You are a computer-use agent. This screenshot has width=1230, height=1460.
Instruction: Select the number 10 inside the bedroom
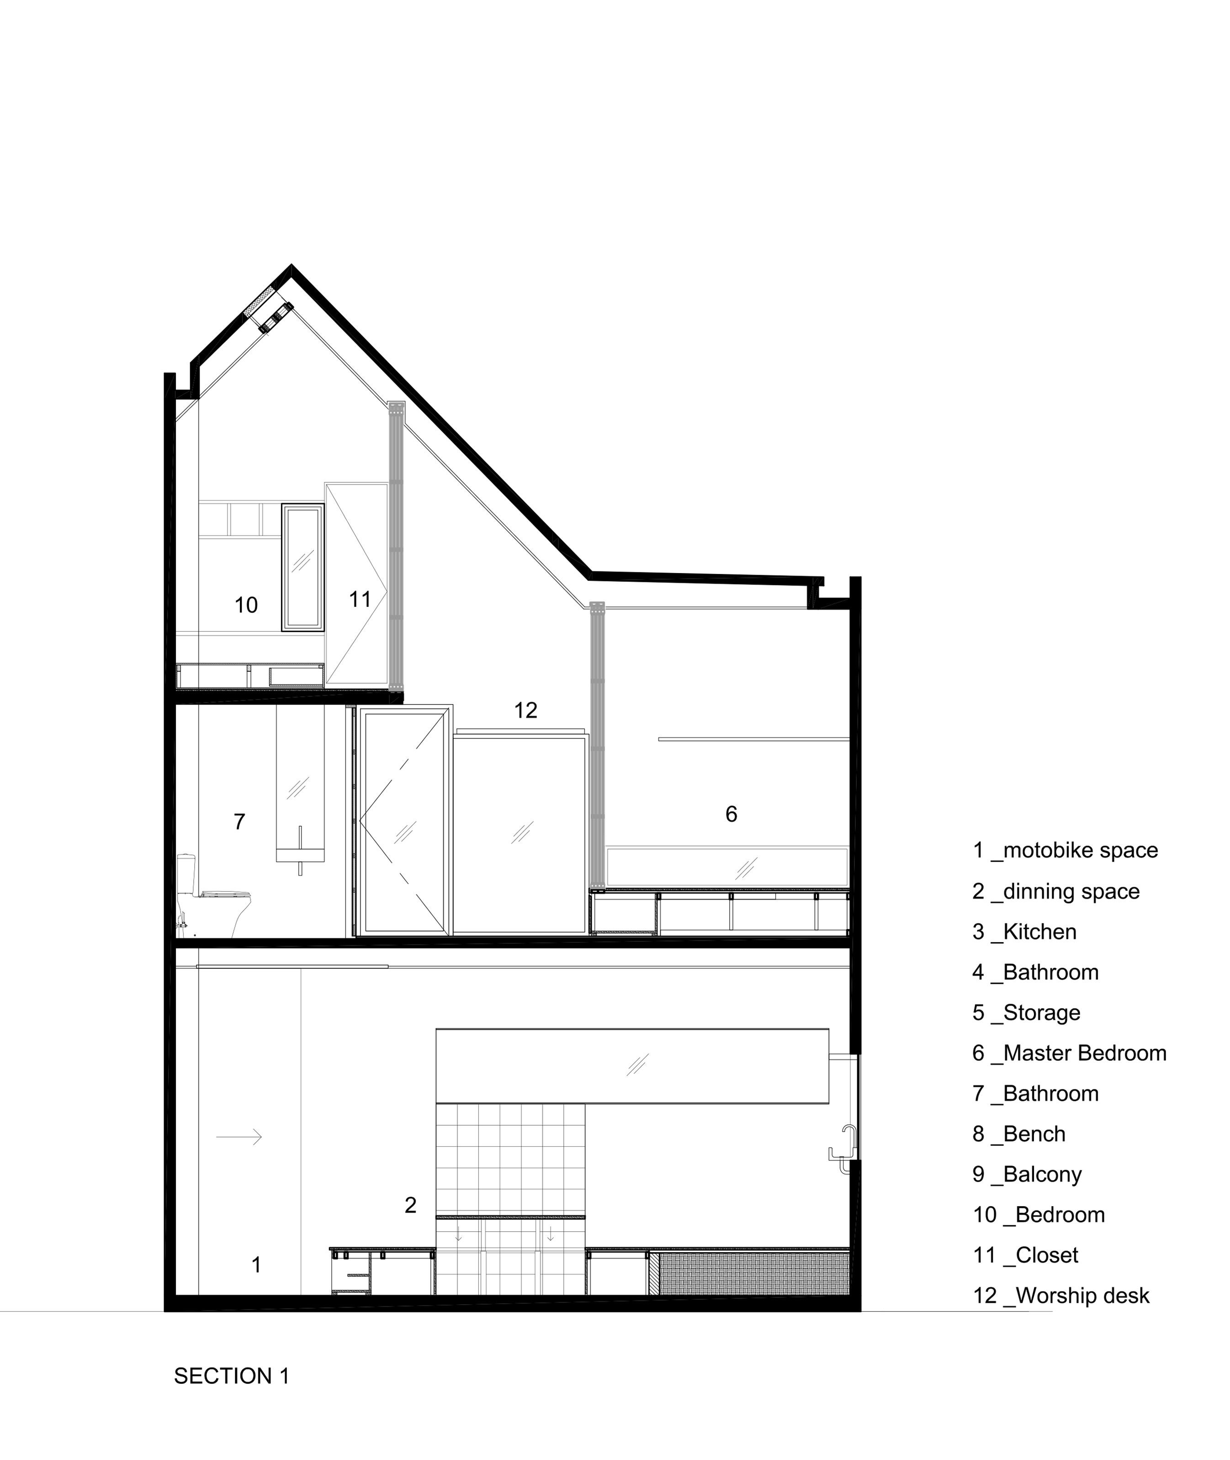[x=246, y=605]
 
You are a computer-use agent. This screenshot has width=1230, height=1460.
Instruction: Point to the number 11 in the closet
[x=360, y=599]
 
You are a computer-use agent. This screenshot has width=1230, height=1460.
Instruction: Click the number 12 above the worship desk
[x=526, y=710]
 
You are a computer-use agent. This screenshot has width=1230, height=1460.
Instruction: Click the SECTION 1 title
[x=232, y=1376]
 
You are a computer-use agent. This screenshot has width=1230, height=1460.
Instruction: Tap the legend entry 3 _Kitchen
[x=1024, y=932]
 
